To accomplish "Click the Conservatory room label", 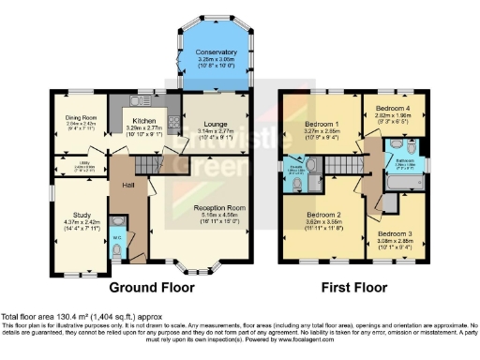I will pyautogui.click(x=215, y=52).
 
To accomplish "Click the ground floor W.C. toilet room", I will pyautogui.click(x=116, y=231).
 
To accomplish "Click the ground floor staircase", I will pyautogui.click(x=145, y=166).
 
